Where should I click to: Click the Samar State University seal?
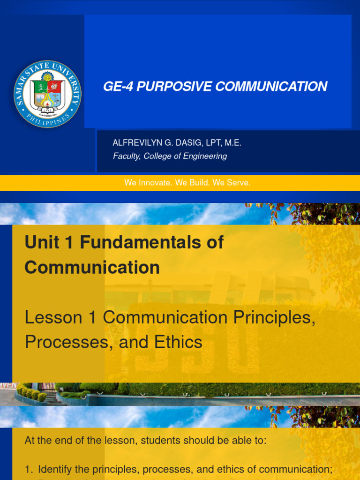click(48, 94)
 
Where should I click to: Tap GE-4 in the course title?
click(116, 87)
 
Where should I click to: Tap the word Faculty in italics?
click(126, 156)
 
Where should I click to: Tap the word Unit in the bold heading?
click(41, 242)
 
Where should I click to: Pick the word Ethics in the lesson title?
click(178, 342)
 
